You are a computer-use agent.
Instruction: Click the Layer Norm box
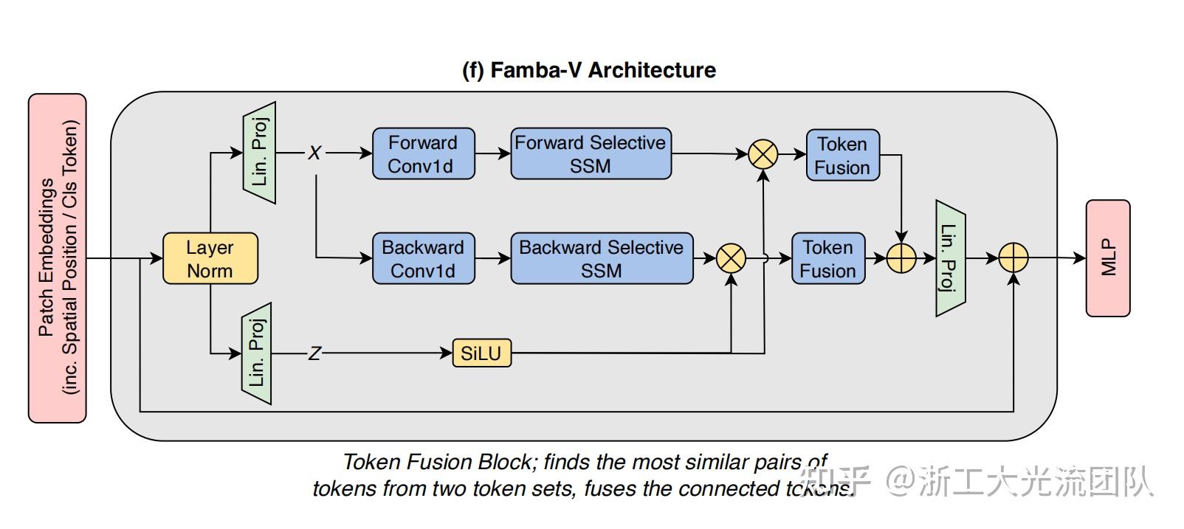pyautogui.click(x=210, y=259)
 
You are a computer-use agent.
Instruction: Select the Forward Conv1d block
pyautogui.click(x=423, y=154)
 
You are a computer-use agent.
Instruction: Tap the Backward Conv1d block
pyautogui.click(x=423, y=259)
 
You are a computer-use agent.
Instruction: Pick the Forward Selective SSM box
pyautogui.click(x=591, y=154)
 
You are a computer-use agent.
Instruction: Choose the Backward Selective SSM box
pyautogui.click(x=602, y=259)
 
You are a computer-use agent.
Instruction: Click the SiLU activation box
pyautogui.click(x=481, y=353)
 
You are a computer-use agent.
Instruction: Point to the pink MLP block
pyautogui.click(x=1108, y=258)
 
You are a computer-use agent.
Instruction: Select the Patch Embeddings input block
pyautogui.click(x=58, y=258)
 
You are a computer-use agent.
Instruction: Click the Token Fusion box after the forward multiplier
pyautogui.click(x=842, y=156)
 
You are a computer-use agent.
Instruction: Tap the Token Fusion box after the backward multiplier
pyautogui.click(x=827, y=259)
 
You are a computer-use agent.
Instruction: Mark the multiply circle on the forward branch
pyautogui.click(x=763, y=154)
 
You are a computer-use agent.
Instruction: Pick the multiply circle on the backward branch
pyautogui.click(x=732, y=259)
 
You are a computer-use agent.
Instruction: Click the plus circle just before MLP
pyautogui.click(x=1013, y=259)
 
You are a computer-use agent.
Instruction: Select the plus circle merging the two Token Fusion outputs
pyautogui.click(x=901, y=259)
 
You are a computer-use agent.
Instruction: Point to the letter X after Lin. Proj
pyautogui.click(x=315, y=153)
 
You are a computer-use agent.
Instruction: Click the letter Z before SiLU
pyautogui.click(x=315, y=354)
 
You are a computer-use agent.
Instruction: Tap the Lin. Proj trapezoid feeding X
pyautogui.click(x=259, y=153)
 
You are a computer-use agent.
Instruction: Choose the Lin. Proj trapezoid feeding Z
pyautogui.click(x=256, y=354)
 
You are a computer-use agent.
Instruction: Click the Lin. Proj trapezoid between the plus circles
pyautogui.click(x=950, y=258)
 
